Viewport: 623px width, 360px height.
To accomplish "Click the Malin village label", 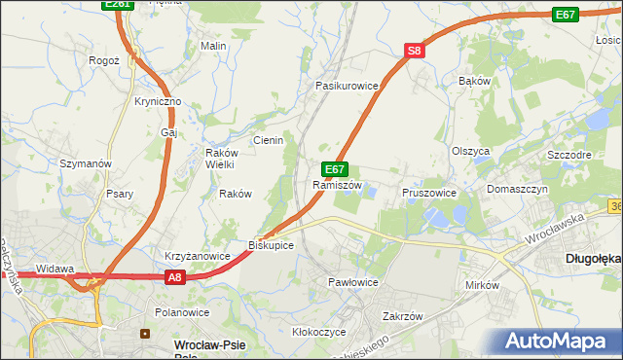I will (x=213, y=46).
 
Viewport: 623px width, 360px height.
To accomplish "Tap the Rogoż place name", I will (x=103, y=59).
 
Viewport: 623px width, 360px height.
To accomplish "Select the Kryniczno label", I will (x=158, y=101).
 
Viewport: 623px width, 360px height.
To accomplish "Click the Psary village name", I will (x=121, y=194).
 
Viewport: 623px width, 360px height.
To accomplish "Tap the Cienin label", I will (x=268, y=140).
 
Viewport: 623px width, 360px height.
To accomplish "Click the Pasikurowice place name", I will (x=346, y=86).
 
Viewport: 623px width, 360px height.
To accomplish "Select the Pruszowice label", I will (x=429, y=193).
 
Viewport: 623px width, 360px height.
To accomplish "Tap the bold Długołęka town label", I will (x=593, y=259).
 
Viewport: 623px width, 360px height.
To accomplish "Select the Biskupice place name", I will (x=272, y=245).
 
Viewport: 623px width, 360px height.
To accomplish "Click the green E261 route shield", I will (x=117, y=5).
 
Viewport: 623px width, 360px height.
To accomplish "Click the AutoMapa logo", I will (x=558, y=341).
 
